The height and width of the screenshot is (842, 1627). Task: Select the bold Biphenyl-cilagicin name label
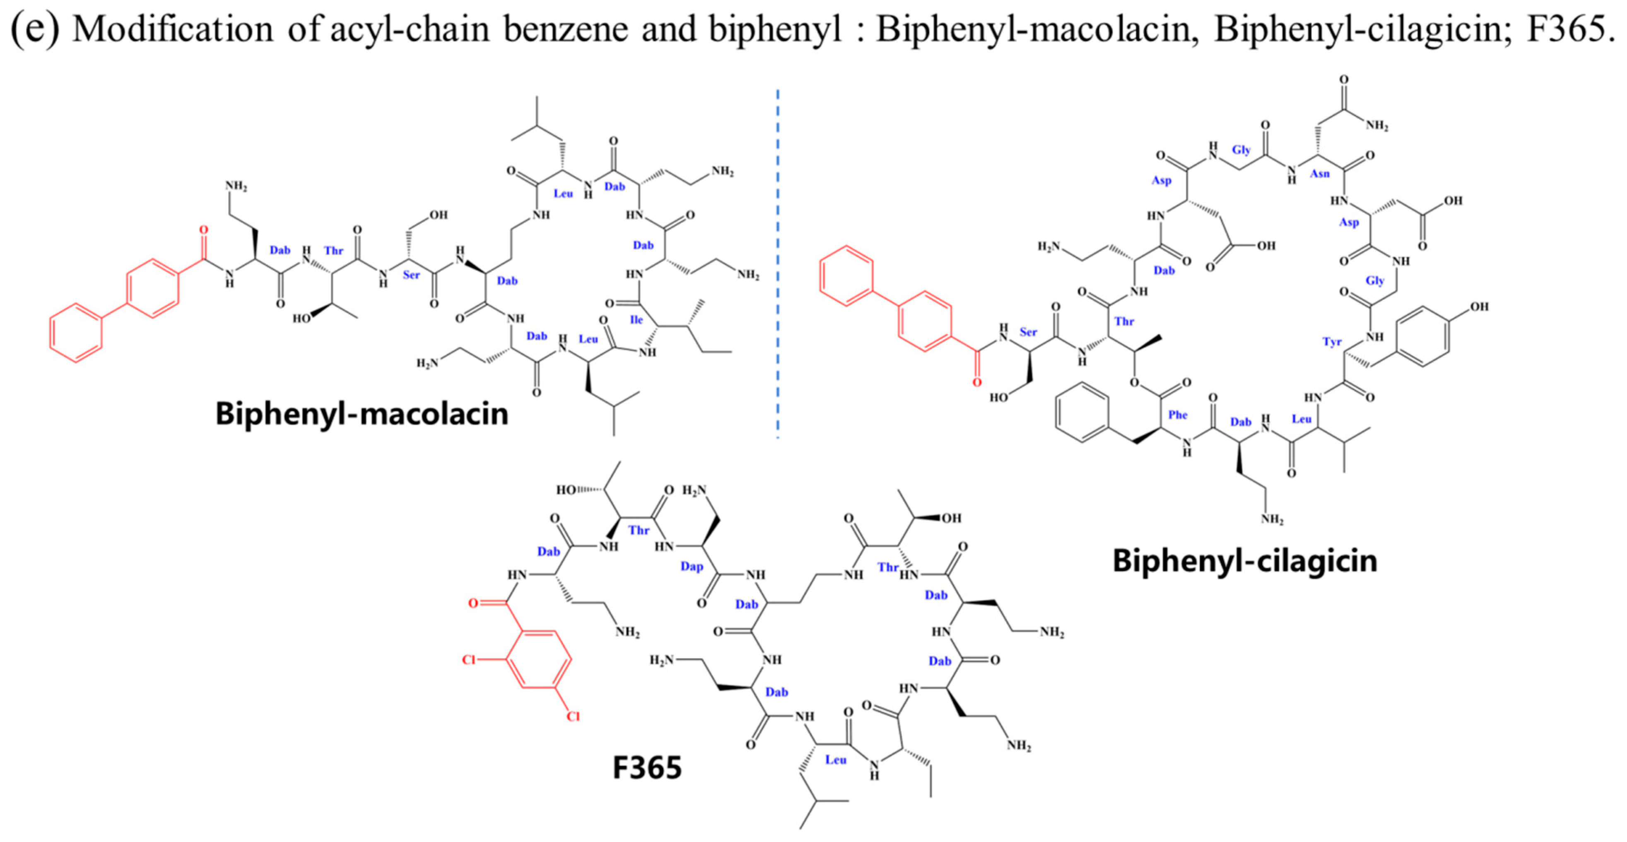1244,561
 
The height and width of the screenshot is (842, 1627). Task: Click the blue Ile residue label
636,320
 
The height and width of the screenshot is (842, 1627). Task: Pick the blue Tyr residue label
1332,342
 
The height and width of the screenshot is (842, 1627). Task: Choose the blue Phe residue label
1177,415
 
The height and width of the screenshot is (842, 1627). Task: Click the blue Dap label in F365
692,566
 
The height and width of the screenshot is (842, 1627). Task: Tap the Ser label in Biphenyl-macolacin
411,275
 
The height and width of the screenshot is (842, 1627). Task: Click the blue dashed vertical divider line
778,265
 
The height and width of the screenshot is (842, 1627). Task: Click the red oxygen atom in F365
473,603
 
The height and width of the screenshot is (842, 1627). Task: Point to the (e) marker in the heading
35,29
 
